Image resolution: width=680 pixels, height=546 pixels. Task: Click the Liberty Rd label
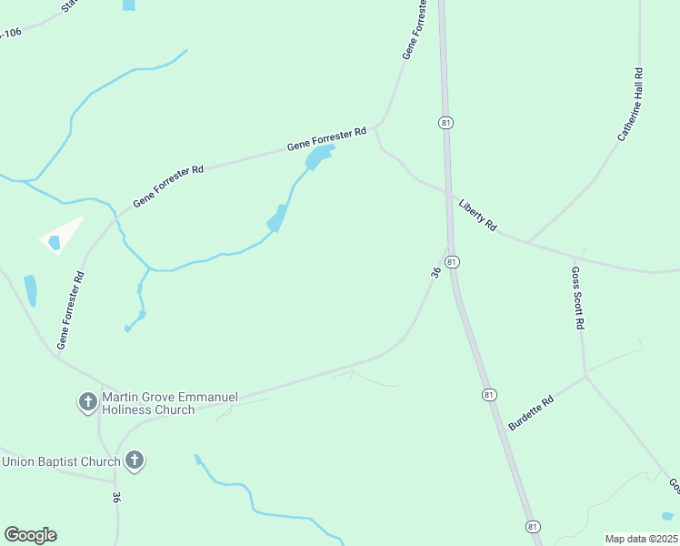pos(478,214)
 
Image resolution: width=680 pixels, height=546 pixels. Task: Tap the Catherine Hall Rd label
pos(631,104)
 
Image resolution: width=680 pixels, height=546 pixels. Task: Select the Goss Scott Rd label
pos(576,297)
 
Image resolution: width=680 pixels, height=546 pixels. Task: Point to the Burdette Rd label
pos(531,413)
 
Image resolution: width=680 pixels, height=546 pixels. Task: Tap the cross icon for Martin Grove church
pos(87,401)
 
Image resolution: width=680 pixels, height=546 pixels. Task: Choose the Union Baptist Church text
pos(61,461)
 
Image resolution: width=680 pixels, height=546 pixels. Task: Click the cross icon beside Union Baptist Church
pos(134,460)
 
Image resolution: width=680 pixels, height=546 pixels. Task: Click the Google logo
pos(30,535)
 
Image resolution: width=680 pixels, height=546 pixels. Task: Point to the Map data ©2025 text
pos(641,539)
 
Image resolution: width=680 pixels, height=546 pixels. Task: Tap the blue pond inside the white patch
pos(54,242)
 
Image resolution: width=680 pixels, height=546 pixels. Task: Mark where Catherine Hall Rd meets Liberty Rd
pos(528,242)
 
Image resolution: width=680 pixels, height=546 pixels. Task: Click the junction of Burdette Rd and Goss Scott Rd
pos(586,374)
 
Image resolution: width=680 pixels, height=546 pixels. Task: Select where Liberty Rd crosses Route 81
pos(449,193)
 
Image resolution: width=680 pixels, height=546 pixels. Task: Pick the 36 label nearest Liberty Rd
pos(435,271)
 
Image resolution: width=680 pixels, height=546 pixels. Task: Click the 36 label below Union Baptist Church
pos(116,498)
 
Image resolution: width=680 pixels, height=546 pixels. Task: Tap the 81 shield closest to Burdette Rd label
pos(490,394)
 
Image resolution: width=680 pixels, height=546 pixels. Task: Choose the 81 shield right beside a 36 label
pos(452,262)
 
